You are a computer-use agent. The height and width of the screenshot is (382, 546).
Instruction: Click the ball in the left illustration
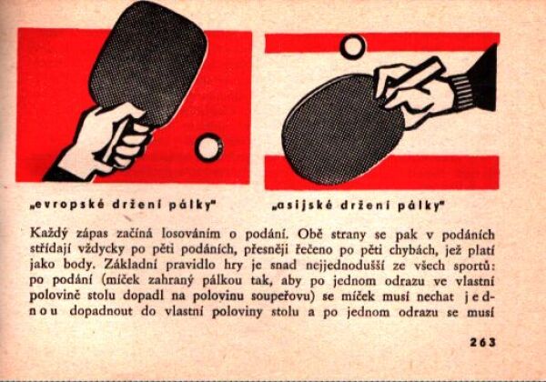point(208,146)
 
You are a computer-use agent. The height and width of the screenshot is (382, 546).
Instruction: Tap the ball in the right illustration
point(351,45)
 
